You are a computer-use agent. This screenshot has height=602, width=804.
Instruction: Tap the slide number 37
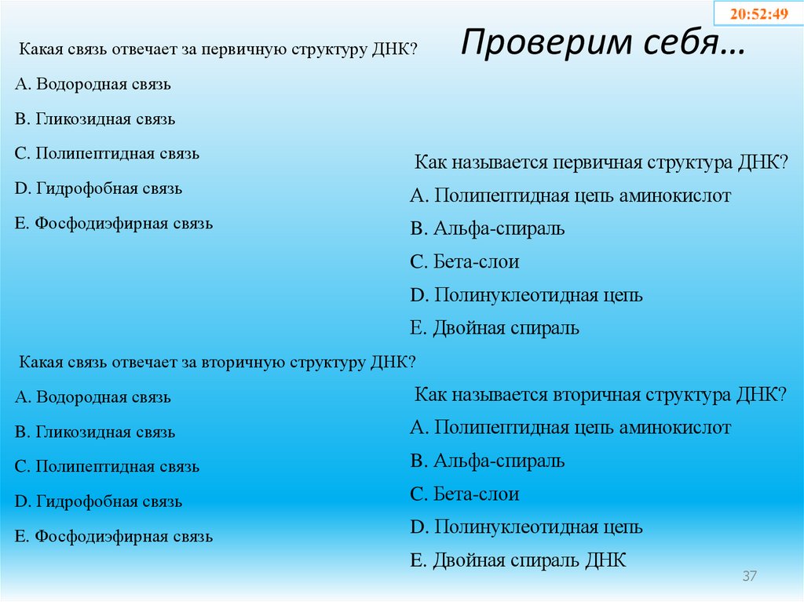pos(749,577)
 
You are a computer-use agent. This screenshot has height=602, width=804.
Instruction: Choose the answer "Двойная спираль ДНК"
pos(518,560)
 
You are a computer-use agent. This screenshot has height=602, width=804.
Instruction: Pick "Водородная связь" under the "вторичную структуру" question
pos(93,397)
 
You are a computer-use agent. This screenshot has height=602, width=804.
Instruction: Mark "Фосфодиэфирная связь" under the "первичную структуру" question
pos(113,224)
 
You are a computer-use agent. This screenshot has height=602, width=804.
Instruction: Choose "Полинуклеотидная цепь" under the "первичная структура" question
pos(526,295)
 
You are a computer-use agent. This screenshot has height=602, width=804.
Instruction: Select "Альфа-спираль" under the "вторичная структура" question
pos(487,461)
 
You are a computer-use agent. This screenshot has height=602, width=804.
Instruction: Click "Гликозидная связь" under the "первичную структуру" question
pos(94,119)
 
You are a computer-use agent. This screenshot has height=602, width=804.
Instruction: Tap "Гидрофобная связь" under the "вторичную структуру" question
pos(98,502)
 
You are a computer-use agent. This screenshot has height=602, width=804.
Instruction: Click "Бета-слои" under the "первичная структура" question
pos(465,262)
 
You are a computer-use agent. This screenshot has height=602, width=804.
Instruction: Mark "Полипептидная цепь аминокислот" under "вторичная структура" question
pos(570,428)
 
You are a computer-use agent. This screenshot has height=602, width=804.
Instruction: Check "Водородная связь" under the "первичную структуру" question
pos(93,84)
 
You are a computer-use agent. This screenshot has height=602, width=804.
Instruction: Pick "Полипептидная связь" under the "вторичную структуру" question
pos(107,467)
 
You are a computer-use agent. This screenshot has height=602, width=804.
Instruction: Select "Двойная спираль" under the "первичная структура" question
pos(495,328)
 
